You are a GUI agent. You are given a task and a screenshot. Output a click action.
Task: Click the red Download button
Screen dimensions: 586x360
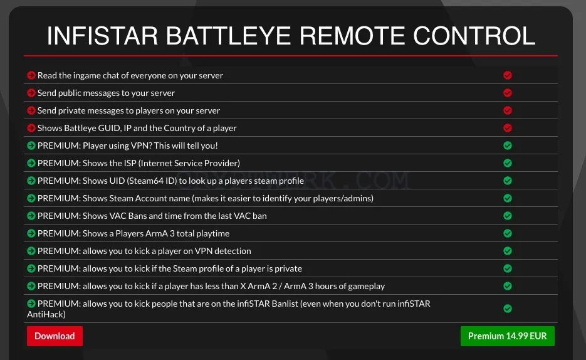point(55,336)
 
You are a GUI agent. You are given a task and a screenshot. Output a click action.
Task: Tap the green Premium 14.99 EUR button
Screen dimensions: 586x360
point(507,336)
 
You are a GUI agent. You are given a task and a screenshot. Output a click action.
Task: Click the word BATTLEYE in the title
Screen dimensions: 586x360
point(228,36)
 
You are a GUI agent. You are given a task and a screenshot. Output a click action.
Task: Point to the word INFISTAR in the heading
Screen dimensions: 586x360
point(102,36)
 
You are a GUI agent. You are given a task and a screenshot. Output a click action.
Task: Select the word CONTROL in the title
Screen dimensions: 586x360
point(474,36)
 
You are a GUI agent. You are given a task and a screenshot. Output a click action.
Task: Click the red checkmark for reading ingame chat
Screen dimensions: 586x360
point(507,75)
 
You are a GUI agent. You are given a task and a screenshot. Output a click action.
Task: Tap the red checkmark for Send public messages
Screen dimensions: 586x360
point(507,93)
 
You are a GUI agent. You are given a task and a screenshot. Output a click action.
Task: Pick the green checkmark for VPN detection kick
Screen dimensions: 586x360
point(507,251)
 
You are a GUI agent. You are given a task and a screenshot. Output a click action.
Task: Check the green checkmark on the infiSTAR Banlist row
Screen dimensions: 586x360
point(507,309)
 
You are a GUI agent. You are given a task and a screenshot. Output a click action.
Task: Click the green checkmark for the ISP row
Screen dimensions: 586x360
point(507,163)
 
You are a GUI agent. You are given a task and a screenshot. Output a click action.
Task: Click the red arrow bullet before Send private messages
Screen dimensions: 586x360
point(31,110)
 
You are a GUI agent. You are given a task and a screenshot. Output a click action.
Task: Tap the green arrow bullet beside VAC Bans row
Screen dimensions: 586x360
point(31,216)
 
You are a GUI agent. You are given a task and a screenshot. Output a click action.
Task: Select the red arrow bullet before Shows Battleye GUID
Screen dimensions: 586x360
point(31,128)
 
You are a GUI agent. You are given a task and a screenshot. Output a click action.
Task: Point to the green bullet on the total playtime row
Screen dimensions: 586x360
point(31,233)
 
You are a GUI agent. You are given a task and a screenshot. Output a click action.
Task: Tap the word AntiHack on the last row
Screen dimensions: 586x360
point(46,314)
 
